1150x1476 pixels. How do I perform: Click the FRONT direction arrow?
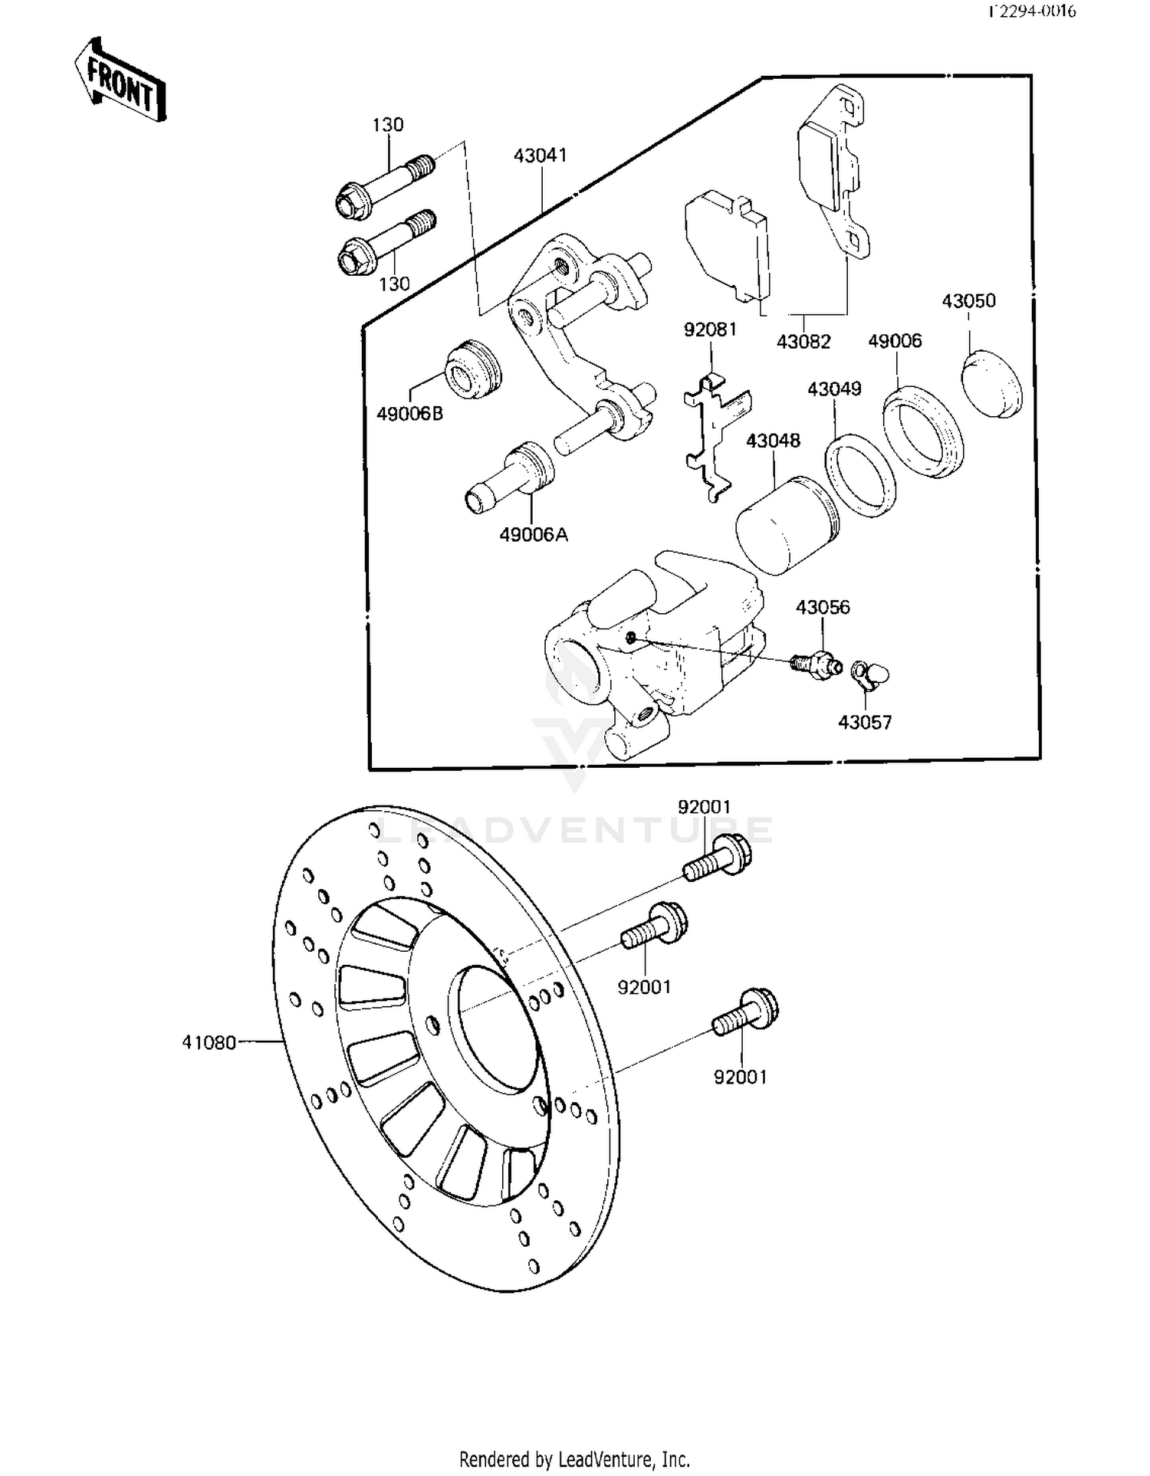(x=120, y=81)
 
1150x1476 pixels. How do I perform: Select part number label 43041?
(x=540, y=156)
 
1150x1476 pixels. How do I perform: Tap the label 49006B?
(x=409, y=414)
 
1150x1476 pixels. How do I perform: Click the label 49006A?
(x=534, y=535)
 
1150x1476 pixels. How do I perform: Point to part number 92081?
(x=710, y=330)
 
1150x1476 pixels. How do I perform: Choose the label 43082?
(x=803, y=342)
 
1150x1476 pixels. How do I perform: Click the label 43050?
(x=968, y=301)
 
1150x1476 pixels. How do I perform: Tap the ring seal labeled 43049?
(x=860, y=476)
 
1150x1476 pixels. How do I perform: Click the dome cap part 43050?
(x=992, y=384)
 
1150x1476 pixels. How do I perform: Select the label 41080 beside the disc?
(x=209, y=1042)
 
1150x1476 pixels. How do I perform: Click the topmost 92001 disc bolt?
(x=718, y=860)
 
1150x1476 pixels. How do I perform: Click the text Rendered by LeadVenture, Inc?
(x=574, y=1458)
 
